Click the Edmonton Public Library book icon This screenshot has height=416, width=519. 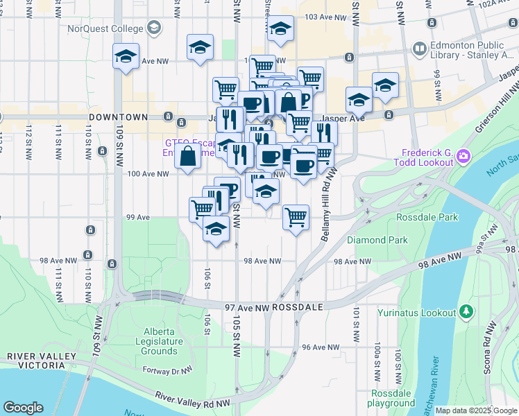click(418, 49)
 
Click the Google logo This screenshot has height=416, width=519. click(23, 408)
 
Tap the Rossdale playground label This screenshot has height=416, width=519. click(391, 398)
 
